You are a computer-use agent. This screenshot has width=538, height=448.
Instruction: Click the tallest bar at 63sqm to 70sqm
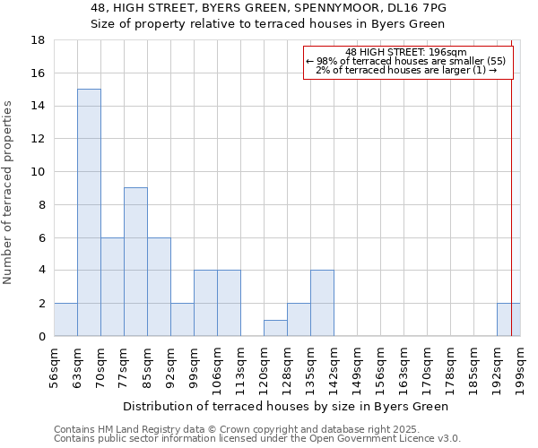(89, 212)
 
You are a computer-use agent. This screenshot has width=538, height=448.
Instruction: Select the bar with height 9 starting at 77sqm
(135, 262)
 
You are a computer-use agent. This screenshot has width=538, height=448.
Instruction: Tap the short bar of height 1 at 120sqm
(275, 328)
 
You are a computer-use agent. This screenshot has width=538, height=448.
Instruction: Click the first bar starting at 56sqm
(65, 320)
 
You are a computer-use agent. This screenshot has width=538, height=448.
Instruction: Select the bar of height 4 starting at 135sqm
(322, 303)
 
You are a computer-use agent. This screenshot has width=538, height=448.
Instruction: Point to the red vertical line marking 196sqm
(512, 179)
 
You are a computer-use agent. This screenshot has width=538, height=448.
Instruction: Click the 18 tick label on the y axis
(39, 40)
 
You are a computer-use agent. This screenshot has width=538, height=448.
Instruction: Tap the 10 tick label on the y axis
(39, 172)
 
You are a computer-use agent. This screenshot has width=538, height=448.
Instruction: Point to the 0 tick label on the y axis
(42, 336)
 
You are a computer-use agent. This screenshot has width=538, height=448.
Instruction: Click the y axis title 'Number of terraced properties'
(9, 192)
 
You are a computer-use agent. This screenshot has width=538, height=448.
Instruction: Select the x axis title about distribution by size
(285, 406)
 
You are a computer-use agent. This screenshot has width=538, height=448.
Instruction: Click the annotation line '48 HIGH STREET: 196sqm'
(405, 52)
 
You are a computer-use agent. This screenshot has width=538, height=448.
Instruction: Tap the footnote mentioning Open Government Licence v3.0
(257, 439)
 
